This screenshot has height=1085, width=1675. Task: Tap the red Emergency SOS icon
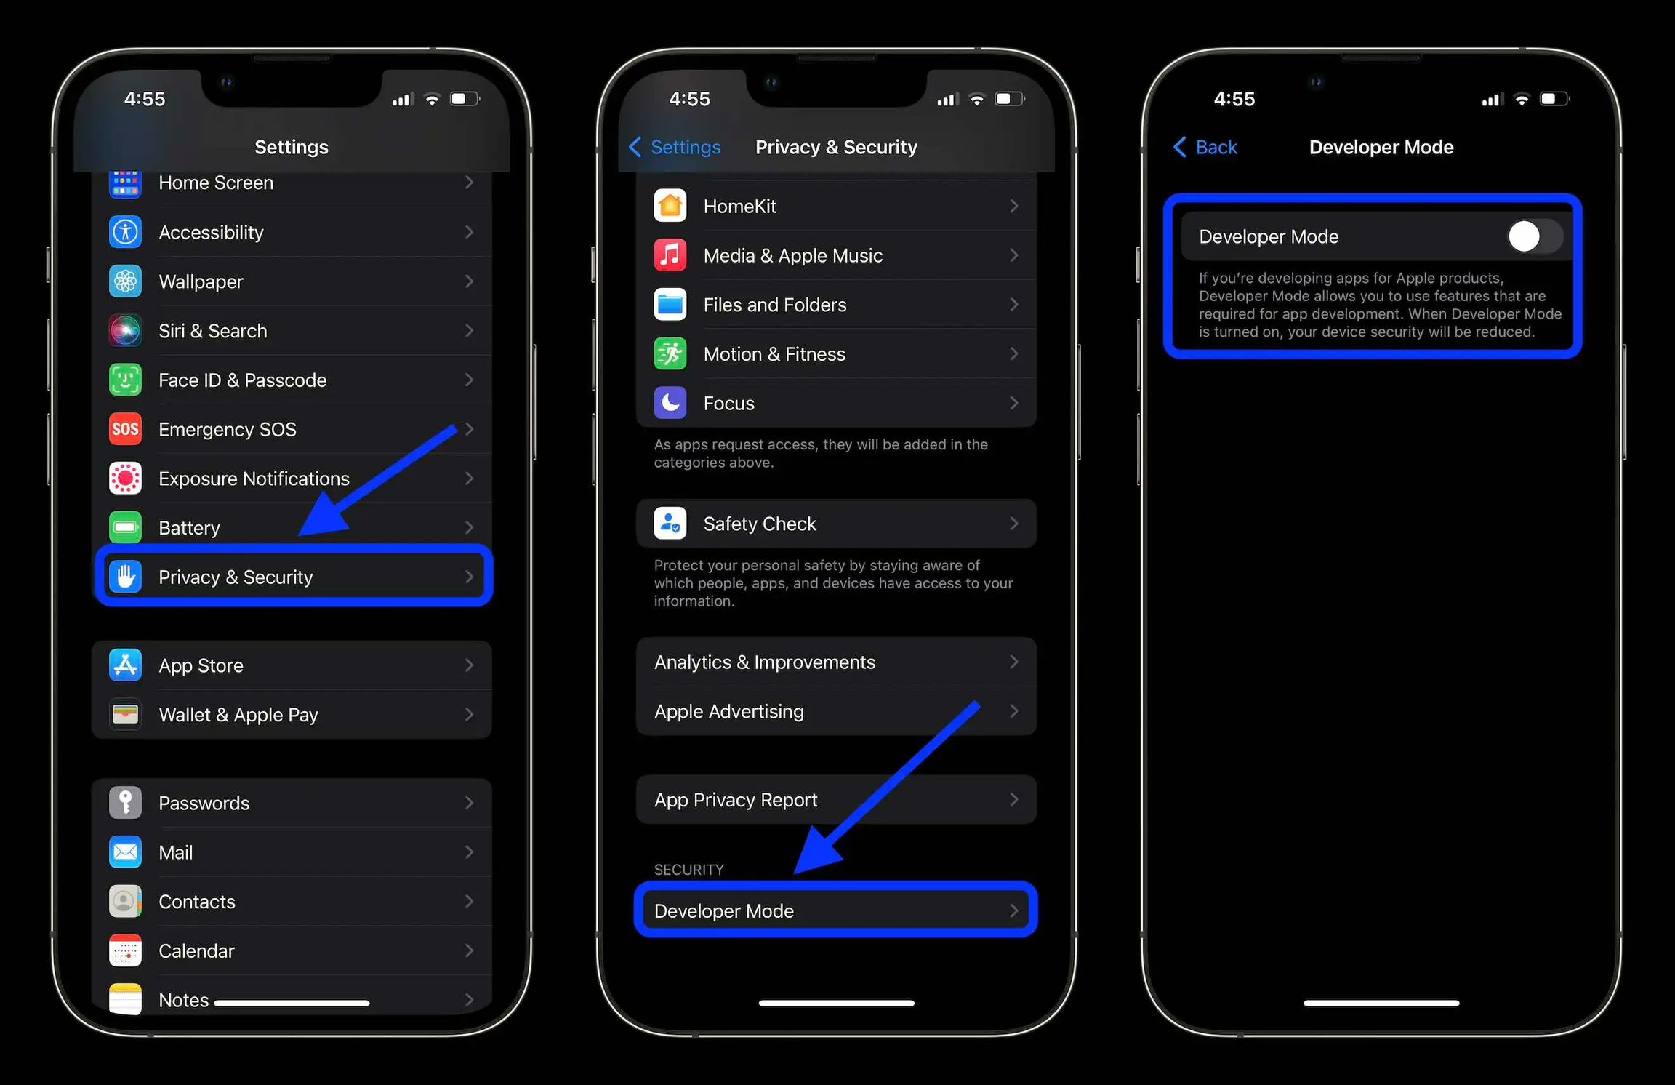point(125,429)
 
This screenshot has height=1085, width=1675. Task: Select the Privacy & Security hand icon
point(125,577)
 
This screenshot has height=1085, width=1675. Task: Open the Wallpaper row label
point(201,281)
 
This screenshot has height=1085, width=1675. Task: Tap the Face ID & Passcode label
point(242,380)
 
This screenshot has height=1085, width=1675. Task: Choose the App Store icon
point(125,665)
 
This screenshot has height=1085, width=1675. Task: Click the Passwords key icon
point(125,803)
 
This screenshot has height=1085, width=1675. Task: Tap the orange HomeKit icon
point(670,206)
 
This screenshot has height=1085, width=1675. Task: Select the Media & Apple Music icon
point(670,255)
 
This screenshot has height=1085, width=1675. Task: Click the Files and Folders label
point(774,305)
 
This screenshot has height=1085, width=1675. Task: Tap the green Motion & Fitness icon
point(670,354)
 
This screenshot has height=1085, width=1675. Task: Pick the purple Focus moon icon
point(670,403)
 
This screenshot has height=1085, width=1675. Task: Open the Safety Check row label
point(759,524)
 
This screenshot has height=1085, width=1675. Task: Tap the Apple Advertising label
point(728,711)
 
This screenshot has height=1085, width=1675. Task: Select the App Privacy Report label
point(735,800)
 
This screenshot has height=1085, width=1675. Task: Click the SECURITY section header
point(688,870)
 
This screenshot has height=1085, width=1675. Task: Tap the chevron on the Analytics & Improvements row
point(1013,662)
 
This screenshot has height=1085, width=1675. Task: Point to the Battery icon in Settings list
point(125,527)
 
